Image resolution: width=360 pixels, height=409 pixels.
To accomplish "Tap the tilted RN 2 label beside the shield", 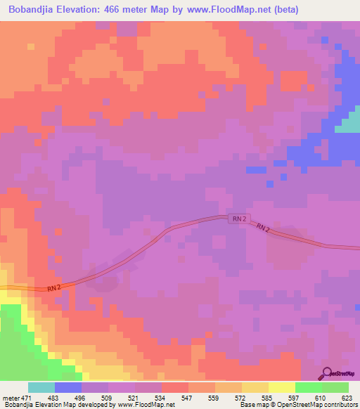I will [263, 228].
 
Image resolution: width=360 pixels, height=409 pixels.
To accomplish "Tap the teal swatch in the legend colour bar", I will [41, 388].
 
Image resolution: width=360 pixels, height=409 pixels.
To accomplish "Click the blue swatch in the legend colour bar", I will [68, 388].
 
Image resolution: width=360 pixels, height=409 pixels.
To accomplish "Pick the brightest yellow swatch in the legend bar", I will [282, 388].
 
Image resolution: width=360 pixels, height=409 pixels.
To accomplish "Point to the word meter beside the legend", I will [11, 398].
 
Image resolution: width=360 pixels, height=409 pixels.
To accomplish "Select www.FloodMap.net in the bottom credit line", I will [145, 405].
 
